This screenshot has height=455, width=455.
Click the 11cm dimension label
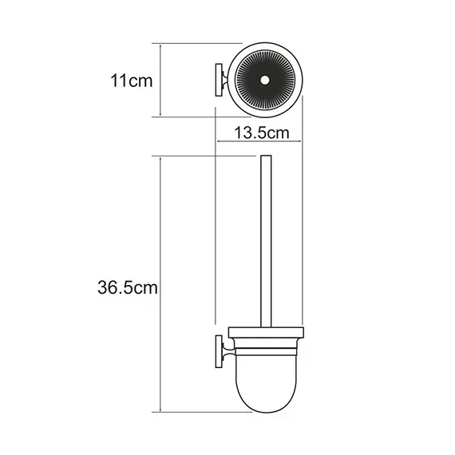[x=133, y=80]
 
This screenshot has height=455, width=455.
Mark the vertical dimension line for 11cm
[x=162, y=80]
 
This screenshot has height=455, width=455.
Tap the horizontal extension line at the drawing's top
[x=200, y=44]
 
